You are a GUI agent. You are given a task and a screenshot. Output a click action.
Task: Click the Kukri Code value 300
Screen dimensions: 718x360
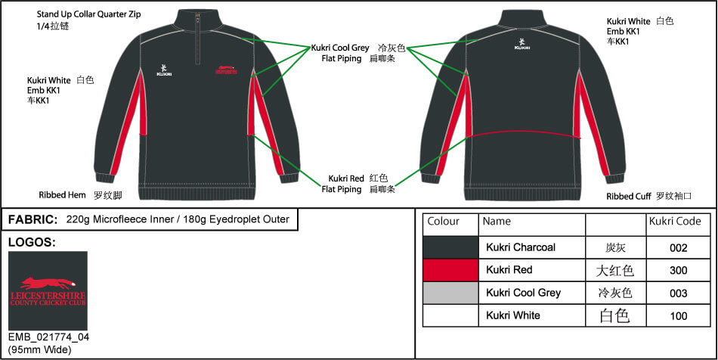click(x=678, y=270)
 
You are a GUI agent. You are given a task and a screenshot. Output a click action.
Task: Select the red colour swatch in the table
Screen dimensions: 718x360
click(x=450, y=270)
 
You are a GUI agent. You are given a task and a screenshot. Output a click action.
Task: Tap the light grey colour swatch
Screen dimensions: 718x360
click(x=450, y=293)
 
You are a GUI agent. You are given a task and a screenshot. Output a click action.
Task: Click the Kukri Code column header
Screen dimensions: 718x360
click(x=675, y=222)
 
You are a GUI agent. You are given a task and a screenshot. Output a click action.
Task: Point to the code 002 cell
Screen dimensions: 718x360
click(x=678, y=248)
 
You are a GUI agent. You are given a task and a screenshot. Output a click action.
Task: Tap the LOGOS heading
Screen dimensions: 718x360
click(x=32, y=243)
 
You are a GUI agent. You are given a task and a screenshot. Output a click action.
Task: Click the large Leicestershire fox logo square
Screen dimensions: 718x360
click(x=48, y=291)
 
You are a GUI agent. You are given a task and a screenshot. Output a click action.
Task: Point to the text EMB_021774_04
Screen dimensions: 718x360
click(x=49, y=337)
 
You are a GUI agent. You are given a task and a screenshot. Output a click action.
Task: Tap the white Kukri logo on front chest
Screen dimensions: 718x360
click(x=163, y=70)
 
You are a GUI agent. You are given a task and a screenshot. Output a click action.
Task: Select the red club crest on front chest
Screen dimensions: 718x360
click(x=226, y=69)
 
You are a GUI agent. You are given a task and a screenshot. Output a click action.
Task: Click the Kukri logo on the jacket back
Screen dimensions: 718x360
click(x=522, y=44)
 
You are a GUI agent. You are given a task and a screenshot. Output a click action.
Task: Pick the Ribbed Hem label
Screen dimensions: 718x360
click(x=62, y=195)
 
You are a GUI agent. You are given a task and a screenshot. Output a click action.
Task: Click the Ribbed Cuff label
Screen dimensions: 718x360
click(x=629, y=197)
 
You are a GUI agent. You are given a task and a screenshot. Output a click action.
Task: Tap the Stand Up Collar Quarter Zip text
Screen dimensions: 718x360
click(x=89, y=14)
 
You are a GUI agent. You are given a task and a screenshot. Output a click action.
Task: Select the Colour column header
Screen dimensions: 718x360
click(x=443, y=222)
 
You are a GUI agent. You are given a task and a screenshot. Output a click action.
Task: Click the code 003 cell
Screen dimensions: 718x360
click(x=678, y=293)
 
